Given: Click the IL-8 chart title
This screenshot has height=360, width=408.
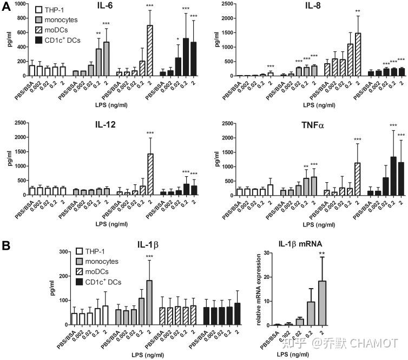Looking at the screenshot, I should click(312, 6).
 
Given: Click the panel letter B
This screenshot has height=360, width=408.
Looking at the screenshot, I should click(6, 245).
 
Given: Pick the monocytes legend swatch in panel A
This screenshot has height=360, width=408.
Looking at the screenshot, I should click(39, 20).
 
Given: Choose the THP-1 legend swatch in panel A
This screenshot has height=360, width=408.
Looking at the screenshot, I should click(39, 10).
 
